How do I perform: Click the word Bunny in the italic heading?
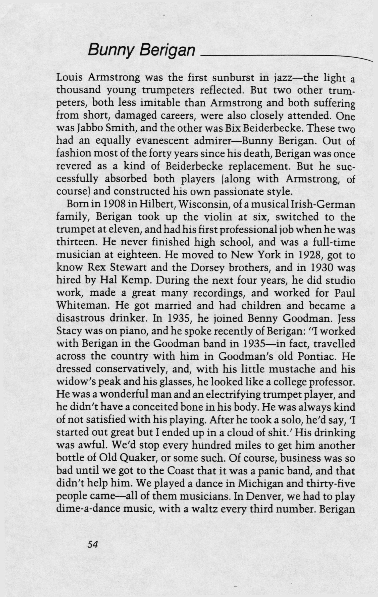tap(111, 50)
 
